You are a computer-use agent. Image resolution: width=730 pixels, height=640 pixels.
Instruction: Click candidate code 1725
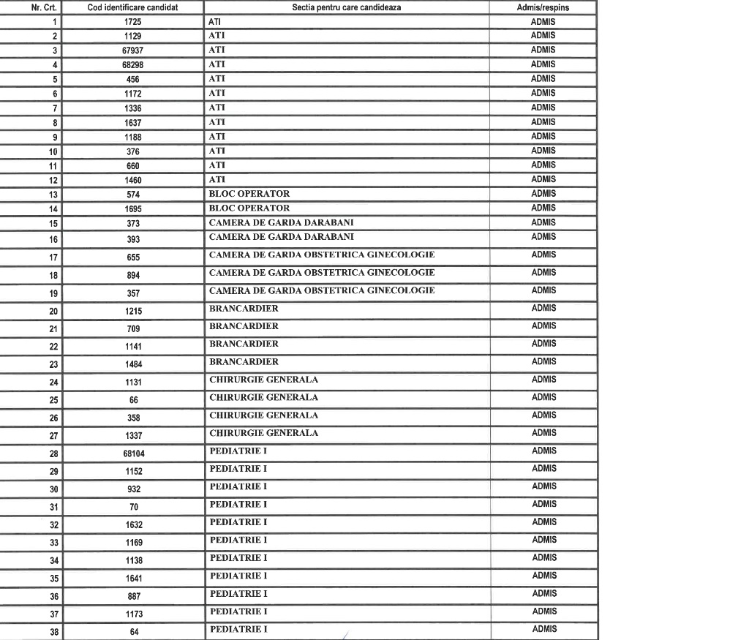(x=132, y=22)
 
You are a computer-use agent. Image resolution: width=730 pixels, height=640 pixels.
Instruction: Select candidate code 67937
(x=132, y=50)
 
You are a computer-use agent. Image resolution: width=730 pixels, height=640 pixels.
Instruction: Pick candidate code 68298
(x=132, y=65)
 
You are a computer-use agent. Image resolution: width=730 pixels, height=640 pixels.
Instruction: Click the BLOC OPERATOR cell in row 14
(x=249, y=208)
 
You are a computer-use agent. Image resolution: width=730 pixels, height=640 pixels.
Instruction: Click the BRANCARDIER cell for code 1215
(x=244, y=309)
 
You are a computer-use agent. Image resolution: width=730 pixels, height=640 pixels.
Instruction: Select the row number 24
(x=53, y=382)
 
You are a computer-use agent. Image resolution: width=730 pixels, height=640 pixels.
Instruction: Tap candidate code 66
(x=133, y=400)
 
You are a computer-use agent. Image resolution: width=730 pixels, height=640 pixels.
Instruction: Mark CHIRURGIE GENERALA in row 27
(x=263, y=433)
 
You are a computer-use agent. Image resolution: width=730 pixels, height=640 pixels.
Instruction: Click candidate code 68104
(x=132, y=453)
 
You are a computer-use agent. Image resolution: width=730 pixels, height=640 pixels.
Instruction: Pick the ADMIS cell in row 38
(x=543, y=629)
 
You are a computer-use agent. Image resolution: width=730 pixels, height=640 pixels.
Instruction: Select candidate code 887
(x=132, y=596)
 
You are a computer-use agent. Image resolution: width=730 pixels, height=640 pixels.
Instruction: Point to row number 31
(x=53, y=507)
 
